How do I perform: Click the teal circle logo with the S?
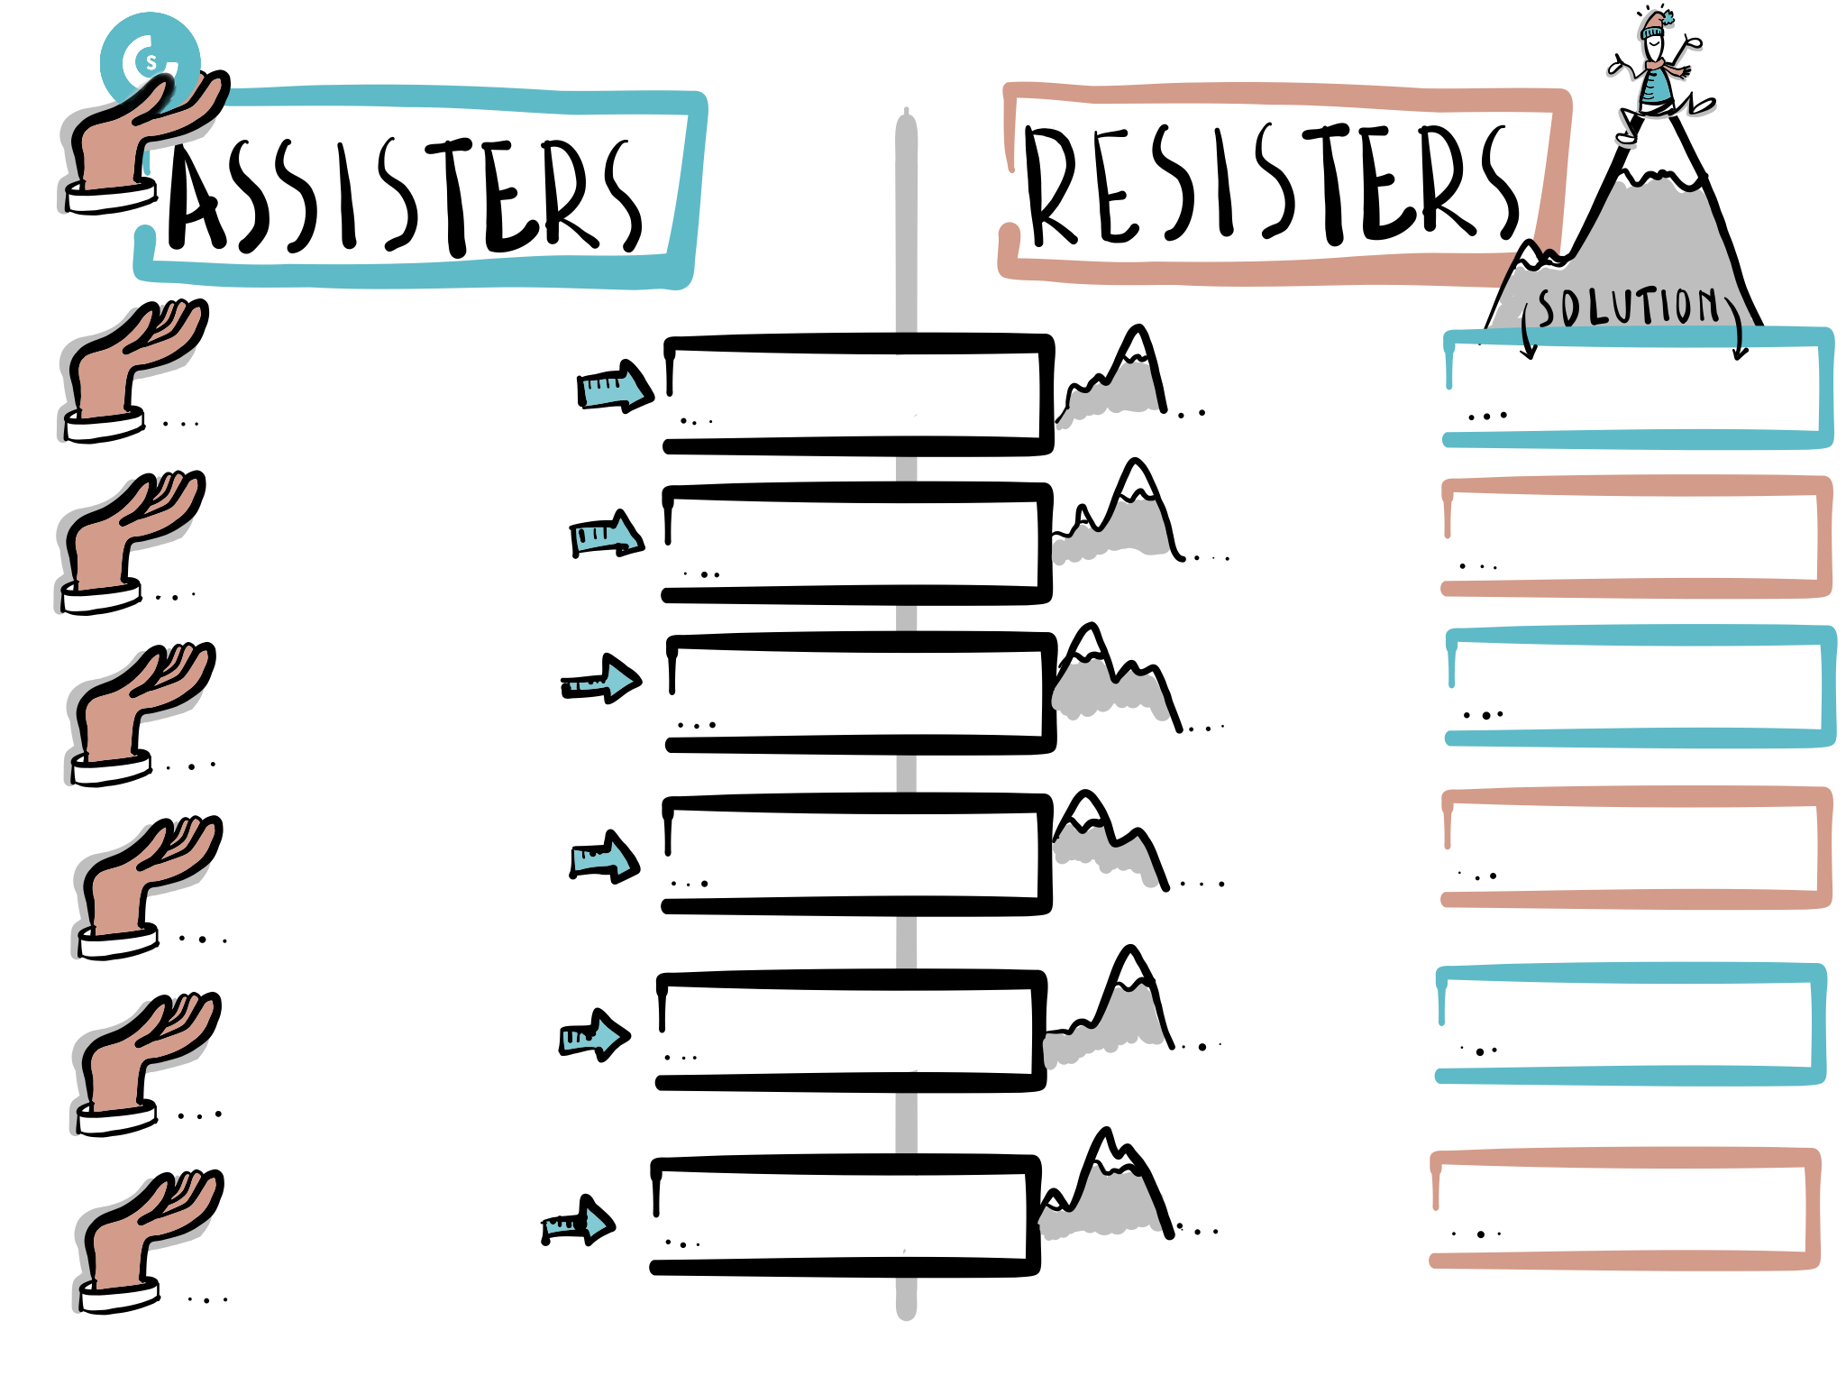pyautogui.click(x=150, y=60)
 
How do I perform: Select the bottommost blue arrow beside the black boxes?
pyautogui.click(x=578, y=1221)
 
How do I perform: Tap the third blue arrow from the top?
pyautogui.click(x=601, y=679)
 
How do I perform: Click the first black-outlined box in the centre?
pyautogui.click(x=858, y=394)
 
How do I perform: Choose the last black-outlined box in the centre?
pyautogui.click(x=845, y=1215)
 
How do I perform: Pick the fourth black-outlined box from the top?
pyautogui.click(x=857, y=854)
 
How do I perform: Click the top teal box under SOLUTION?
pyautogui.click(x=1638, y=389)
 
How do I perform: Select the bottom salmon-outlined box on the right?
pyautogui.click(x=1625, y=1209)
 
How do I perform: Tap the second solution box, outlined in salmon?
pyautogui.click(x=1637, y=537)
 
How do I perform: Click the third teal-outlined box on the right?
pyautogui.click(x=1631, y=1024)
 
